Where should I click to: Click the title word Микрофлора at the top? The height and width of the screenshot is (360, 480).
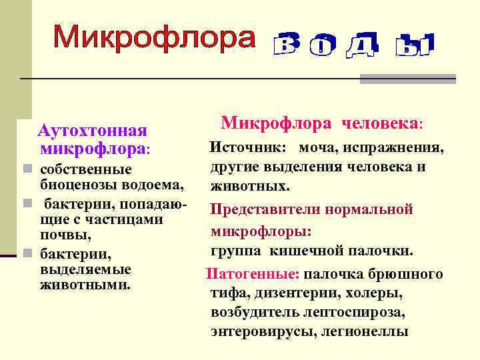click(x=154, y=38)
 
